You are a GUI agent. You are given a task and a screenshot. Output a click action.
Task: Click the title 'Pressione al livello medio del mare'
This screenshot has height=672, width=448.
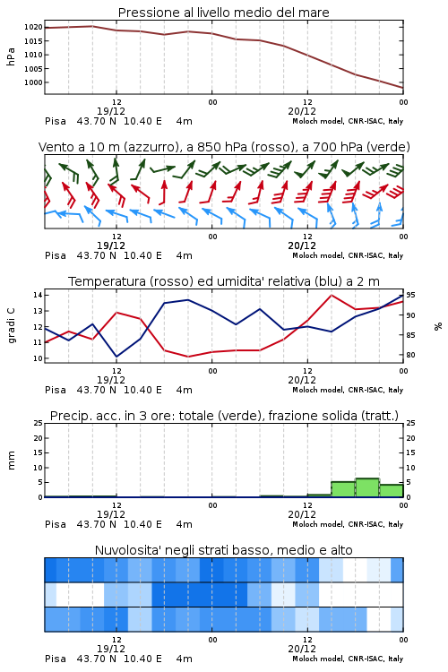223,13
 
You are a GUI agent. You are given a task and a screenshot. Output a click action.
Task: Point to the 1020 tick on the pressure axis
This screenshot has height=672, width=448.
33,27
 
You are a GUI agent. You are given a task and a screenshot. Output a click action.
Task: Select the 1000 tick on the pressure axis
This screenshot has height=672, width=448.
33,82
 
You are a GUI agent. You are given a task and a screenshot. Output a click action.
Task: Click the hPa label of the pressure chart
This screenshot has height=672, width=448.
11,56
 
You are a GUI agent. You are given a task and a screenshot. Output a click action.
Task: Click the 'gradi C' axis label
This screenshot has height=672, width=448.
11,326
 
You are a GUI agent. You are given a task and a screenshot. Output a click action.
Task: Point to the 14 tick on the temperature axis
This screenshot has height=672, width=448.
38,295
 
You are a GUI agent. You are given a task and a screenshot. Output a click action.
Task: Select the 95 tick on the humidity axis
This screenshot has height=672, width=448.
410,295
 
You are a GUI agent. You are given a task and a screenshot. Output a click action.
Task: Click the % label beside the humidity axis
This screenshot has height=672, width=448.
438,326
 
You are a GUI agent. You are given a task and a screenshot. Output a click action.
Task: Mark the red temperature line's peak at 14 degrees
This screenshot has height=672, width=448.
332,295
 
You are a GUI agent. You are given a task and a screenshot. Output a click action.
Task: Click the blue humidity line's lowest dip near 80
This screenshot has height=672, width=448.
116,357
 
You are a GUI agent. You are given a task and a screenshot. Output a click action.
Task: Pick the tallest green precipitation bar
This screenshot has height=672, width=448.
367,487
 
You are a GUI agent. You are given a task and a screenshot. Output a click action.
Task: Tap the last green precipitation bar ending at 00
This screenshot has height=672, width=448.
392,491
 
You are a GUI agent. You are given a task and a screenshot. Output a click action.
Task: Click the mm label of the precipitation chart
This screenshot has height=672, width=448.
11,461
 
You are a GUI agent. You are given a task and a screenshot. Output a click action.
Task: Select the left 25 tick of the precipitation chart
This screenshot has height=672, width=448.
39,423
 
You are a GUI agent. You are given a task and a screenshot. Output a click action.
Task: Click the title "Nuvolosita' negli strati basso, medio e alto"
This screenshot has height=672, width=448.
223,550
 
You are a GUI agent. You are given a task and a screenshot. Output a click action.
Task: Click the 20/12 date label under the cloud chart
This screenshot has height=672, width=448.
302,649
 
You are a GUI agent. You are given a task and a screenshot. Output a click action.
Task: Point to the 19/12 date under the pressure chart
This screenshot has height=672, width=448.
111,111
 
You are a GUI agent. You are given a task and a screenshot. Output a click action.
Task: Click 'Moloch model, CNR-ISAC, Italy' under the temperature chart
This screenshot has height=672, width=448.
348,390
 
